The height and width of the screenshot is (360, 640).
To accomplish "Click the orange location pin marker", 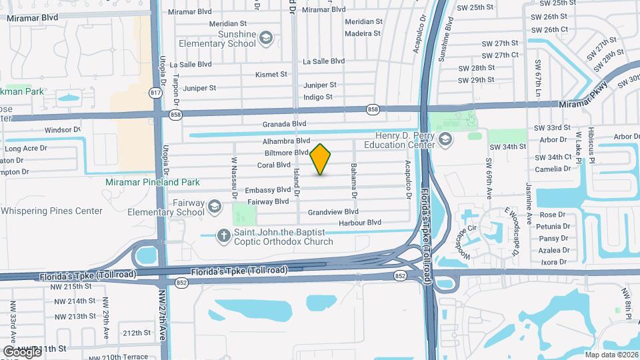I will pyautogui.click(x=321, y=159).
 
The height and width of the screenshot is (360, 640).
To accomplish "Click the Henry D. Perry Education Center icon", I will pyautogui.click(x=445, y=139).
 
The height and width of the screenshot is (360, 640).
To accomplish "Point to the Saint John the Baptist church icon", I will pyautogui.click(x=225, y=234).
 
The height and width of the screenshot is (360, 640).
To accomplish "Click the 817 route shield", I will pyautogui.click(x=156, y=93).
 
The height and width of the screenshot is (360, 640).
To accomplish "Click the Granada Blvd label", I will pyautogui.click(x=284, y=124).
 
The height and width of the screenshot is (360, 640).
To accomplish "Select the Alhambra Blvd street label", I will pyautogui.click(x=287, y=141).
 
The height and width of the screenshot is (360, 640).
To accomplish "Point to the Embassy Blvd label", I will pyautogui.click(x=268, y=189).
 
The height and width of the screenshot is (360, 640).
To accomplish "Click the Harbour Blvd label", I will pyautogui.click(x=359, y=222).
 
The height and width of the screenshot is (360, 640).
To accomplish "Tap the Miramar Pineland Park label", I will pyautogui.click(x=153, y=182).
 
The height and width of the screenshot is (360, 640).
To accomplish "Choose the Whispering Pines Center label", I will pyautogui.click(x=51, y=211).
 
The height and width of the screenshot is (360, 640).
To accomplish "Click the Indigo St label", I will pyautogui.click(x=318, y=97).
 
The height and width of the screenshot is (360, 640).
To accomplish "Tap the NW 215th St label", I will pyautogui.click(x=70, y=286).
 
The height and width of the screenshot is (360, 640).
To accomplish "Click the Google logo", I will pyautogui.click(x=22, y=351).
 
